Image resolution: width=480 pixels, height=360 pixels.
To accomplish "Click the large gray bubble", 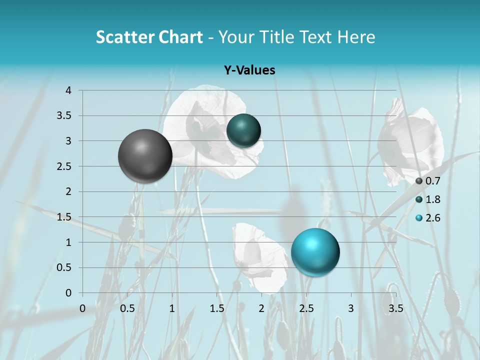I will pos(145,156).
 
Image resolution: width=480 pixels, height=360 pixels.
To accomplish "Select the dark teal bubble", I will pos(243,130).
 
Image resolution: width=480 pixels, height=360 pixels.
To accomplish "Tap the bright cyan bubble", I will pos(315,251).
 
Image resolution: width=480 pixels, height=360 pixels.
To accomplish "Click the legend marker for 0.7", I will pos(419,181).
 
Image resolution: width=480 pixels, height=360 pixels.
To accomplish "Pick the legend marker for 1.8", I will pos(419,199).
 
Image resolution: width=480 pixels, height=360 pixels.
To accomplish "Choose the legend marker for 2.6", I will pos(419,218).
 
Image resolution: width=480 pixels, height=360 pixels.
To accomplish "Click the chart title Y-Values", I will pos(249,70).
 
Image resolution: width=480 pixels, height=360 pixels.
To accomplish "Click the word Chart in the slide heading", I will pos(181,37).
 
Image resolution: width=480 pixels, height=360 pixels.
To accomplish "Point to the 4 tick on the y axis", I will pos(68,90).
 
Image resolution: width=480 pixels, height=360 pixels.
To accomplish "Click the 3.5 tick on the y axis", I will pos(65,116).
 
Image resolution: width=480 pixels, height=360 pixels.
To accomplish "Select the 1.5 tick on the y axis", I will pos(65,217).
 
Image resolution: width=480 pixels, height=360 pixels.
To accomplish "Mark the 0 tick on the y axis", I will pos(68,293).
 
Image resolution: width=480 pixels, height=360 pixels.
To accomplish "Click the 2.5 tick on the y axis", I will pos(65,166).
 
